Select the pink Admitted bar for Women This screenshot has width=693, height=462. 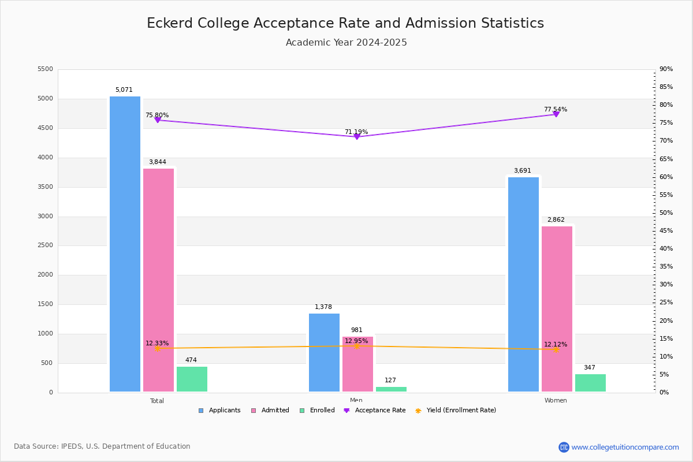coord(557,309)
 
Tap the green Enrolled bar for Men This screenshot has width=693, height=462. coord(391,389)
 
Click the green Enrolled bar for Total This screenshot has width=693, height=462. coord(192,379)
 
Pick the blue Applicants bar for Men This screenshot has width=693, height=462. coord(324,353)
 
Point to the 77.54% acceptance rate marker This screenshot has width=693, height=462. coord(556,114)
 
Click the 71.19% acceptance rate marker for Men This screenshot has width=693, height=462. coord(356,136)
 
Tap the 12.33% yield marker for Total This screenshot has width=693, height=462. coord(158,348)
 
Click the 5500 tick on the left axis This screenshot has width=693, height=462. coord(45,69)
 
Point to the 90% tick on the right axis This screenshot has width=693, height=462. coord(666,69)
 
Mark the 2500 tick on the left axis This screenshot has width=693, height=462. coord(45,245)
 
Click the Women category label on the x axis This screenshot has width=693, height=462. coord(556,401)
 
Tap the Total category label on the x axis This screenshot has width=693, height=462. coord(157,401)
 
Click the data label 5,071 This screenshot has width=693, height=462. coord(124,90)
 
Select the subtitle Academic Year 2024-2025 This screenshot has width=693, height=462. coord(346,43)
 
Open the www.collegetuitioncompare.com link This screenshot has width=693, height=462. coord(625,447)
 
